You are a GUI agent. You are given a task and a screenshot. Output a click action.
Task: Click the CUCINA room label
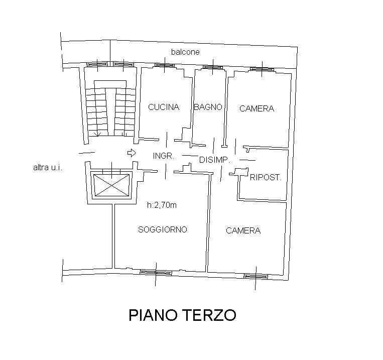pyautogui.click(x=164, y=107)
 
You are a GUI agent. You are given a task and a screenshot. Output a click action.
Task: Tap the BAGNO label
pyautogui.click(x=208, y=107)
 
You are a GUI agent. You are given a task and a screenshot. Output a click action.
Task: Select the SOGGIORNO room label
pyautogui.click(x=163, y=229)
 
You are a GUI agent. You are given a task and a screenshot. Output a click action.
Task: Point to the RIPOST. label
pyautogui.click(x=265, y=177)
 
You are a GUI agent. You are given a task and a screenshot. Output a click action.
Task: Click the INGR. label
pyautogui.click(x=164, y=156)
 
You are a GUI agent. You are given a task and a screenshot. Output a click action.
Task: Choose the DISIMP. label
pyautogui.click(x=214, y=160)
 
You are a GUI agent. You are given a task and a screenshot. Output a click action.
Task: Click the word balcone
pyautogui.click(x=185, y=52)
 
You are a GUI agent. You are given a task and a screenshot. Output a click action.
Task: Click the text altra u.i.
pyautogui.click(x=48, y=168)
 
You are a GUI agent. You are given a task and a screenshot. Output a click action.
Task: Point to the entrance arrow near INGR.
pyautogui.click(x=132, y=153)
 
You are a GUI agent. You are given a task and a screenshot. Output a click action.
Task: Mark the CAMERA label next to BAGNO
pyautogui.click(x=257, y=108)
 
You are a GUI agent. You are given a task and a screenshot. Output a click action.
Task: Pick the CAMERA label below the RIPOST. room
pyautogui.click(x=243, y=230)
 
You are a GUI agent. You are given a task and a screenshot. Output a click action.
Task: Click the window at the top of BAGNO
pyautogui.click(x=213, y=67)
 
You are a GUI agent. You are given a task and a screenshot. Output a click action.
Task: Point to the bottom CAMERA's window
pyautogui.click(x=256, y=276)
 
